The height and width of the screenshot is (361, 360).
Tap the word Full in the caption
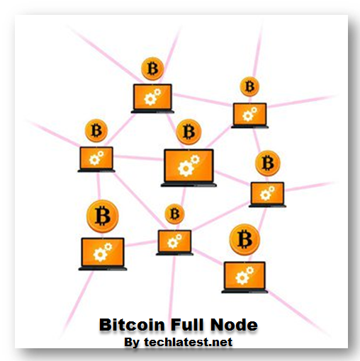[x=186, y=326]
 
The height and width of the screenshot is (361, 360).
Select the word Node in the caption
[x=234, y=326]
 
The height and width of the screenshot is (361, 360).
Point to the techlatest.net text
[x=187, y=343]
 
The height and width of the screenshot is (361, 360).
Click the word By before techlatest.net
[x=132, y=343]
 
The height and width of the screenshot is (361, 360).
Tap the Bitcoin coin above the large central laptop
[x=188, y=132]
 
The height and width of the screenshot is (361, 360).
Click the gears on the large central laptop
[x=188, y=166]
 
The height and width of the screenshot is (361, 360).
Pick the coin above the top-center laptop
[x=152, y=69]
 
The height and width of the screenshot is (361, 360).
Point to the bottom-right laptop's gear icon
[x=244, y=275]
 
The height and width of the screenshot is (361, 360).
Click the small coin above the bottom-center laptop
[x=174, y=214]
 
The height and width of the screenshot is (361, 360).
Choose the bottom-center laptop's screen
[x=174, y=241]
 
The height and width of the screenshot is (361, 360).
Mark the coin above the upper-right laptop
[x=249, y=86]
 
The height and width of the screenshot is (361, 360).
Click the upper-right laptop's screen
[x=249, y=113]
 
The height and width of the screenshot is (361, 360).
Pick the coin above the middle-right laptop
[x=267, y=164]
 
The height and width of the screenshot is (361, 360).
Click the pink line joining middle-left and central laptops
[x=139, y=159]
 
